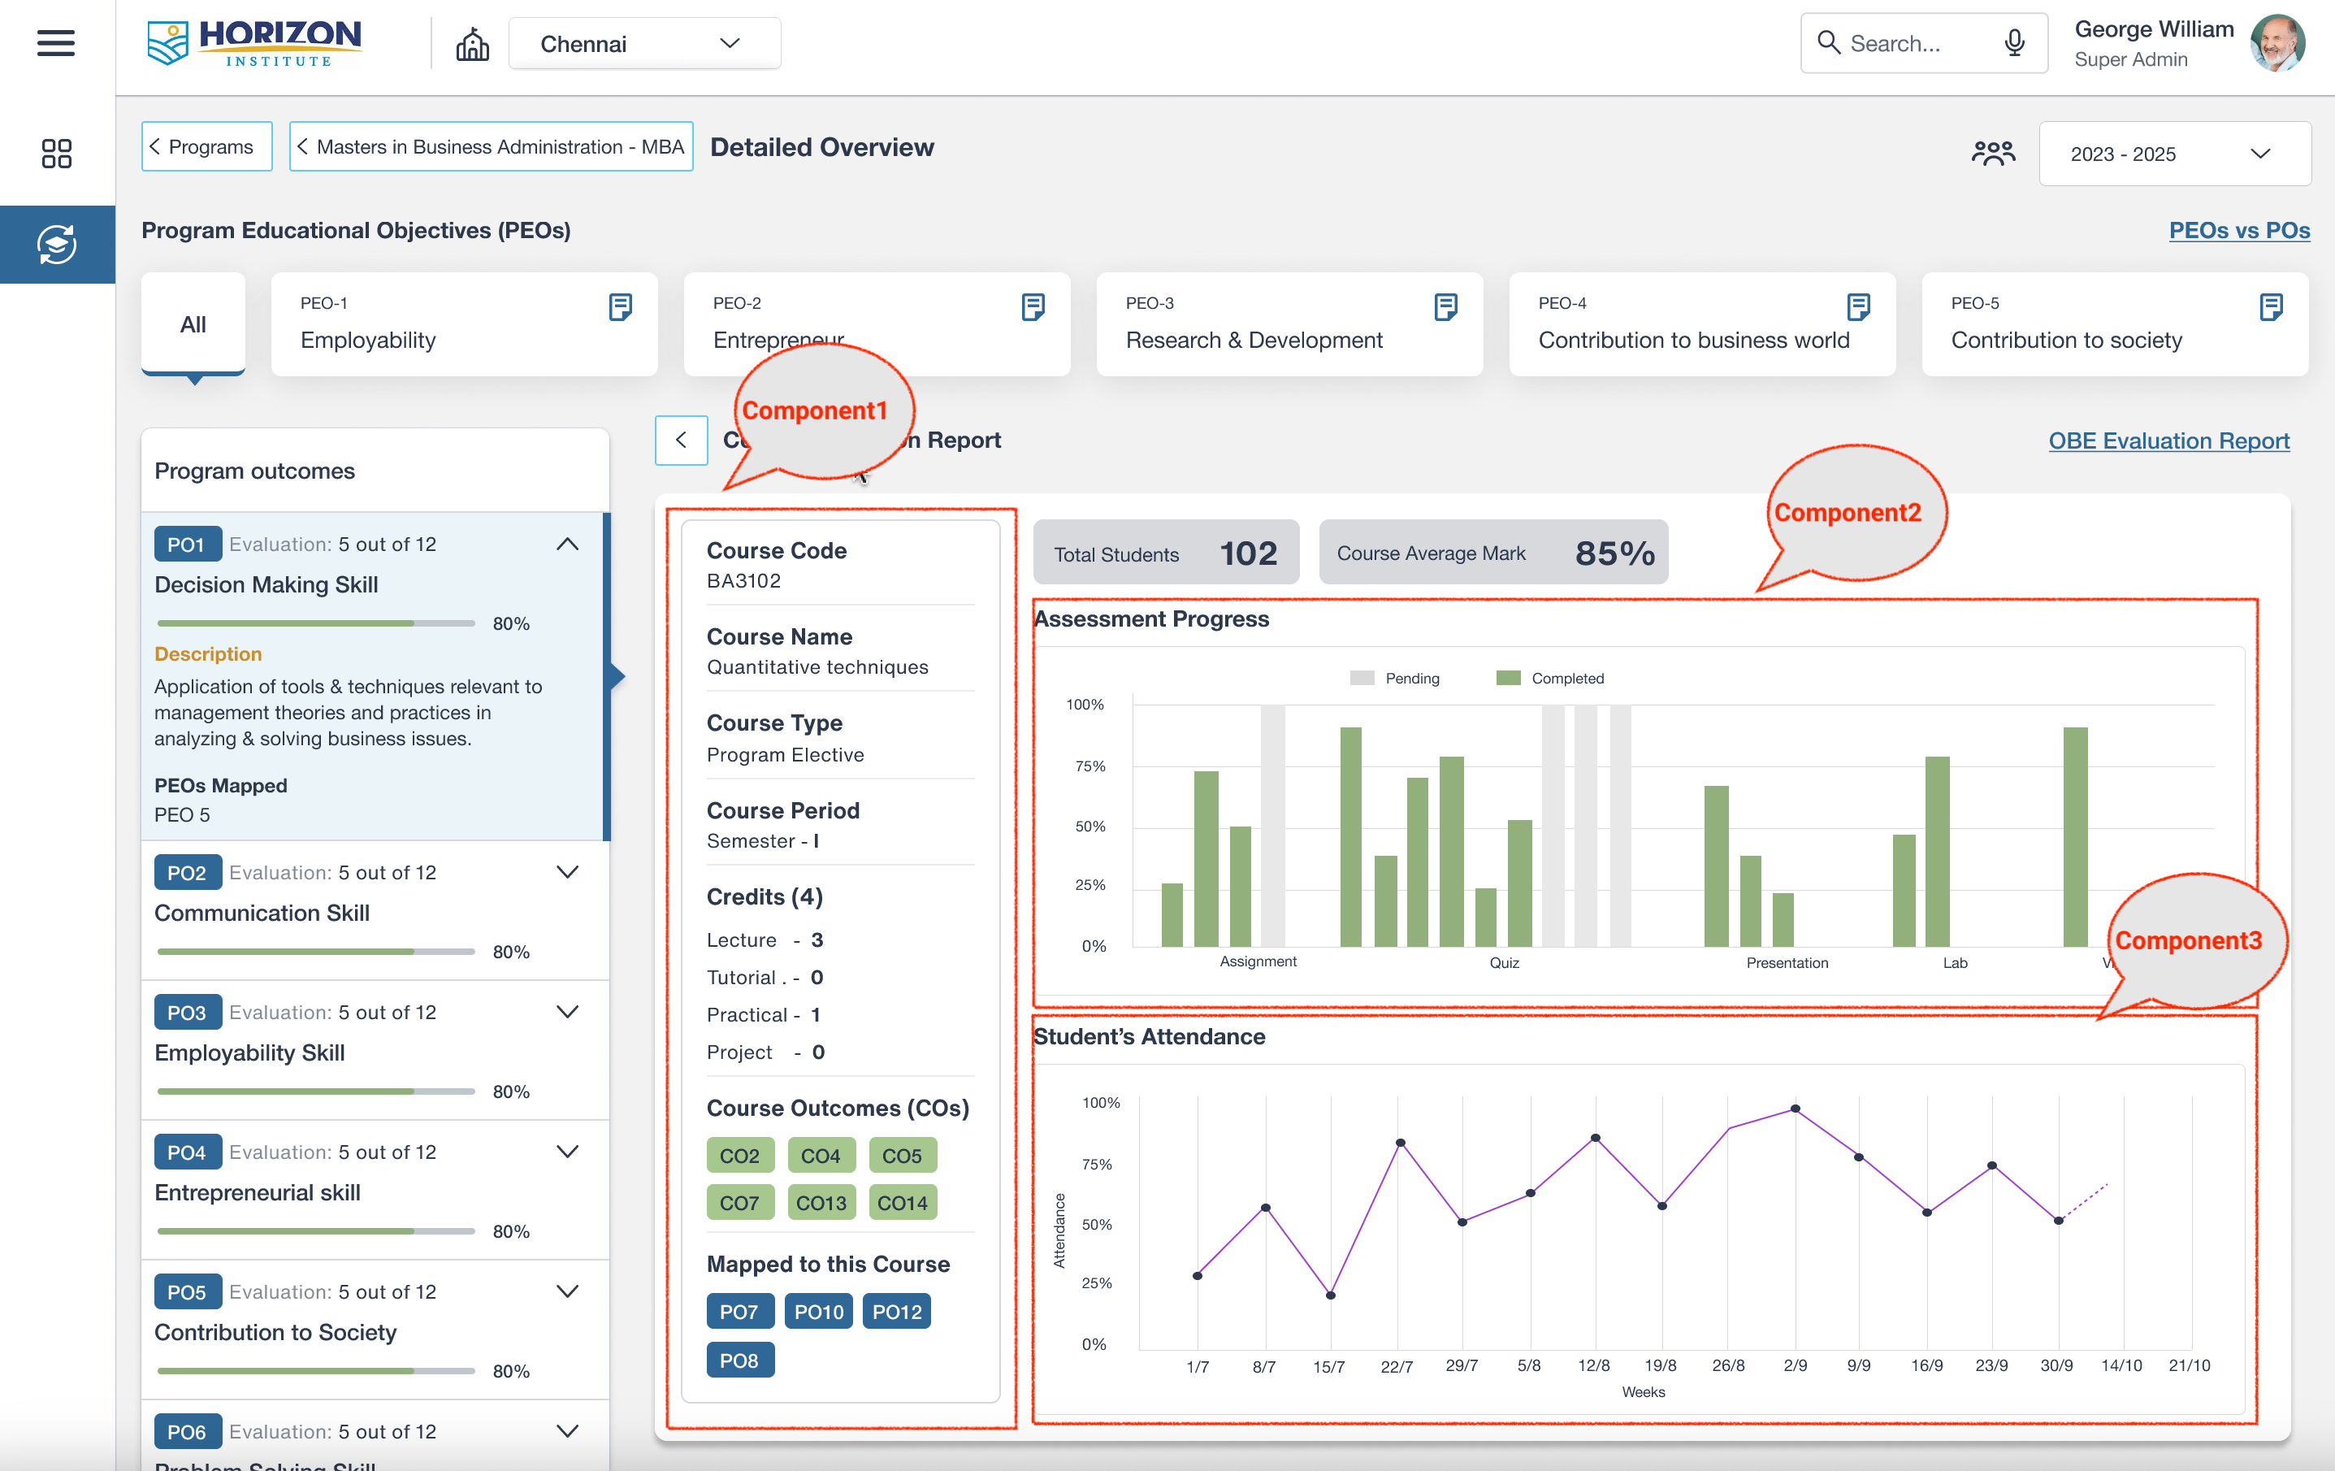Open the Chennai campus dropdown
pyautogui.click(x=643, y=44)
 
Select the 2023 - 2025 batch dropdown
pyautogui.click(x=2173, y=154)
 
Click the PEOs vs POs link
pyautogui.click(x=2238, y=231)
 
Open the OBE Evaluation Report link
pyautogui.click(x=2168, y=441)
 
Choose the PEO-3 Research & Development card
pyautogui.click(x=1289, y=324)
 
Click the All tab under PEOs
pyautogui.click(x=193, y=324)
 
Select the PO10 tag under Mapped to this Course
pyautogui.click(x=818, y=1311)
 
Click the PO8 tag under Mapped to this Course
pyautogui.click(x=739, y=1360)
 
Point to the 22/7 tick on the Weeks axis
pyautogui.click(x=1397, y=1365)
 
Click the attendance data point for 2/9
pyautogui.click(x=1795, y=1109)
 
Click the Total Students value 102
pyautogui.click(x=1248, y=553)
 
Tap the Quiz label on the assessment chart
pyautogui.click(x=1504, y=963)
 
